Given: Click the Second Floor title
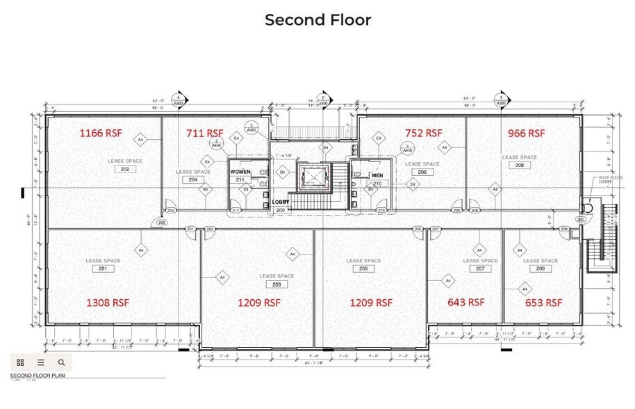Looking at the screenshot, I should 317,19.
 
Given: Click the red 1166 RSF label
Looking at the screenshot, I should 103,132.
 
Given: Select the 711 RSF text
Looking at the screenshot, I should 204,133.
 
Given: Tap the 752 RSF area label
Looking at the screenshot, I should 423,133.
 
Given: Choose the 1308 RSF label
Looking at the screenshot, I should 107,303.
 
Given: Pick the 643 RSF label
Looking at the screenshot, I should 465,303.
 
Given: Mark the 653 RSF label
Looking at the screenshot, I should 543,303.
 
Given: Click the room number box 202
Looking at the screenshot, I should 125,169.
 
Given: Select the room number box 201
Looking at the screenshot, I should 103,268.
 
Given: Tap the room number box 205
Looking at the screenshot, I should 364,268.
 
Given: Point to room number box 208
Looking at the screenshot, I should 519,166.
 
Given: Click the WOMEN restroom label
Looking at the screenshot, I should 240,172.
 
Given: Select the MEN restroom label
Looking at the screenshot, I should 377,175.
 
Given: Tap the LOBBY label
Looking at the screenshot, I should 281,201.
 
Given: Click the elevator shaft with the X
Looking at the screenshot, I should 313,179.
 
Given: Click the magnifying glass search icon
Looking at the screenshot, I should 61,362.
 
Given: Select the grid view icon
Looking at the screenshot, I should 20,362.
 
